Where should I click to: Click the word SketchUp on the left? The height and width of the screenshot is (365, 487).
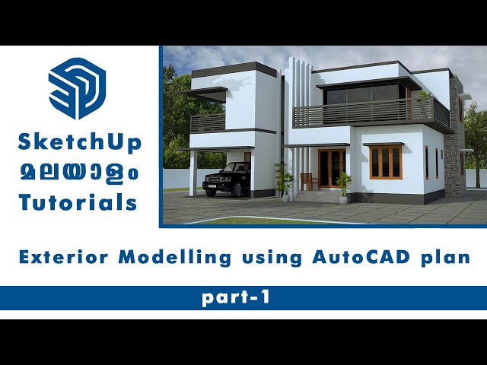pos(80,142)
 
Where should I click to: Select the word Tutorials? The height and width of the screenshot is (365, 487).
pos(79,202)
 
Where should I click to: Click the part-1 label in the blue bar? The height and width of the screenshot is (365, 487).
pos(236,298)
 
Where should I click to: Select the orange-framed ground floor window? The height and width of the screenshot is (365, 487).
pos(386,161)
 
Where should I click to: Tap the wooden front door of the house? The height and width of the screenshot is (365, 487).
pos(331,169)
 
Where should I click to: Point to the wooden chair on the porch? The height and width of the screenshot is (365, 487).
pos(307,181)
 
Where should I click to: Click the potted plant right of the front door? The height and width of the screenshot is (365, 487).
pos(344,183)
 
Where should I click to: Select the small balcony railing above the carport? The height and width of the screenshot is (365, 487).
pos(207,122)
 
